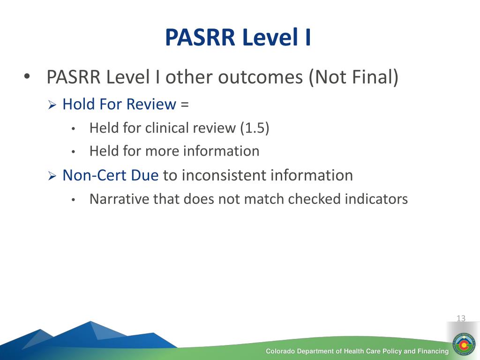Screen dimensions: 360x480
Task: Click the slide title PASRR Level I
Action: point(238,38)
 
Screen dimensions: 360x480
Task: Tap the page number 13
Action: point(461,318)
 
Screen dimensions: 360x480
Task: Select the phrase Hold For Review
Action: point(119,104)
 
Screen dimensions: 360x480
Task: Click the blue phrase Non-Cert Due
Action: point(111,175)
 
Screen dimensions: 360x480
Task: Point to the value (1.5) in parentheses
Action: point(255,128)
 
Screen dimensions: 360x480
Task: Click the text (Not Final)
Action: point(353,77)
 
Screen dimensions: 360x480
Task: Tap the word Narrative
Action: point(119,199)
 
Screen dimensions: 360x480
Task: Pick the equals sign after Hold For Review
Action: point(184,105)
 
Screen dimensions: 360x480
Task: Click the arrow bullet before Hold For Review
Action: point(52,105)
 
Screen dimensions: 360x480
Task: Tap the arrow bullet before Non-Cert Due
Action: point(52,176)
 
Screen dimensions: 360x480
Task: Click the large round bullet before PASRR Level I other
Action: point(27,76)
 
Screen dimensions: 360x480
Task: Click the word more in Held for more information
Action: point(162,151)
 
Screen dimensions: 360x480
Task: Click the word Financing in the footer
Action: point(432,351)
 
